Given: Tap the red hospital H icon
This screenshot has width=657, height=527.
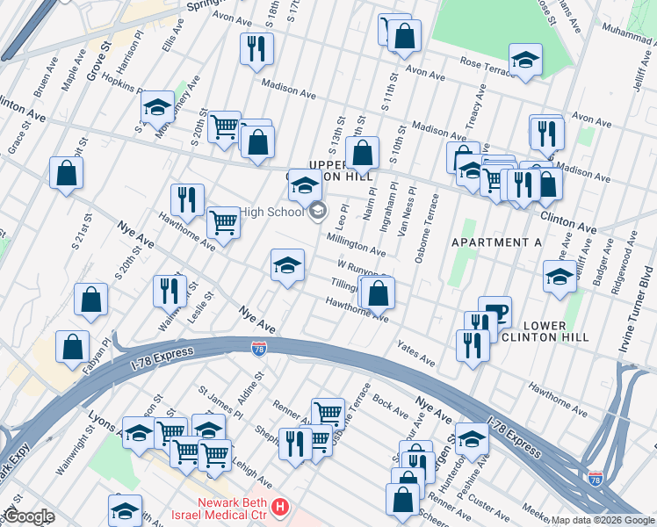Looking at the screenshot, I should (x=279, y=507).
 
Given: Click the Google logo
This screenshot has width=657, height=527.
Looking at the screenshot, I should (x=30, y=516).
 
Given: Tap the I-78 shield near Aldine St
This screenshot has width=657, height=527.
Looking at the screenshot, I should (x=258, y=349).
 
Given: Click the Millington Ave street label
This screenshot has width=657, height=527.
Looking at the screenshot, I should (x=356, y=243).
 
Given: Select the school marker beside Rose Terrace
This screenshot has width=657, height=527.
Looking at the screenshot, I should (x=525, y=59).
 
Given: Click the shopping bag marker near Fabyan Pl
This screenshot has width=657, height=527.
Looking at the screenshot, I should (x=72, y=345).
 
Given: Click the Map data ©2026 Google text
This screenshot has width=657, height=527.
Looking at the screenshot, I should (x=603, y=519).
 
